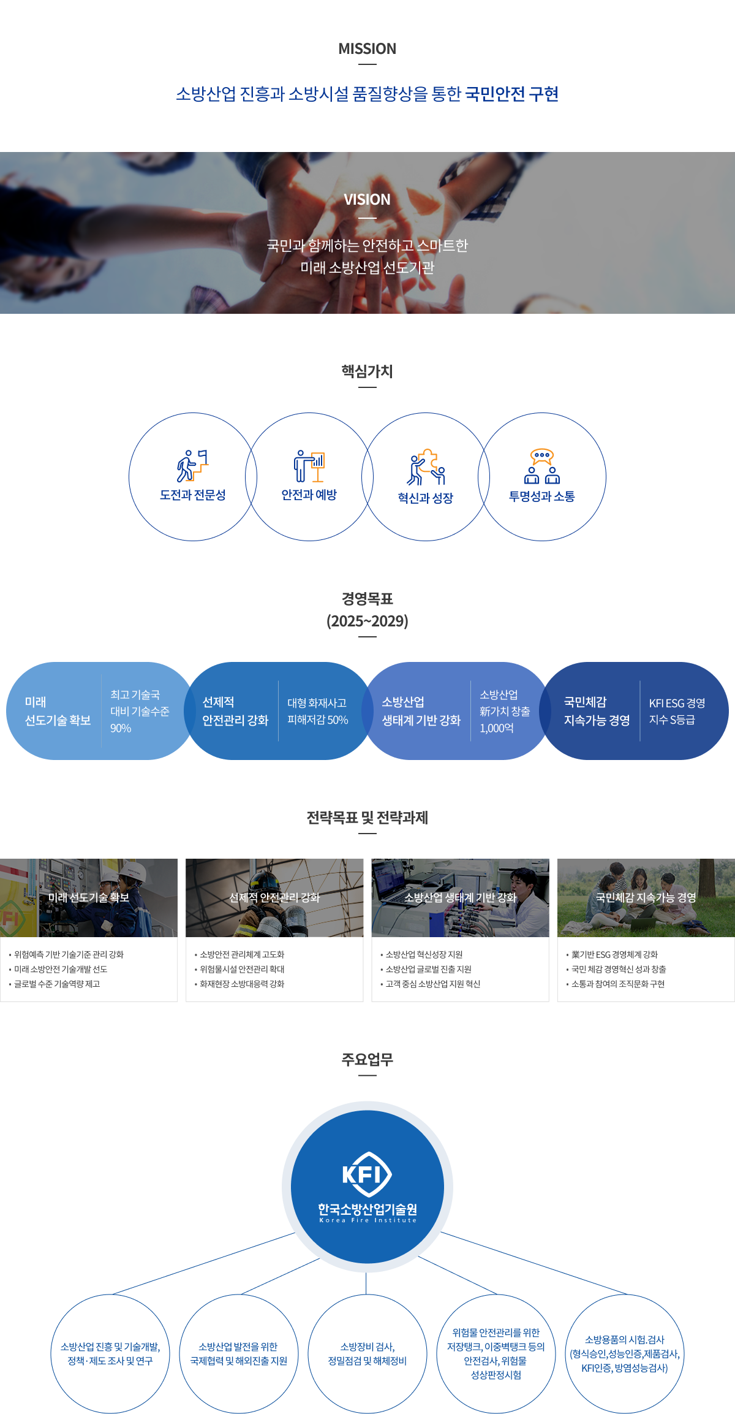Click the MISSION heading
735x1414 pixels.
point(367,49)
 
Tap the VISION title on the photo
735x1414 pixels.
point(367,200)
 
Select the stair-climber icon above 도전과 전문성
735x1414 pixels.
point(192,466)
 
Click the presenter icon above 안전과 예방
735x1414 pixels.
point(309,466)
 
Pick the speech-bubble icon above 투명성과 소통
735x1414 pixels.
point(542,466)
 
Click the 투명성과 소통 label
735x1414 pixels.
point(542,496)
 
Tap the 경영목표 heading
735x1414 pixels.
point(367,599)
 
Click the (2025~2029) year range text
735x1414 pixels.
point(367,621)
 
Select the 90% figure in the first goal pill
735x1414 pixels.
point(121,728)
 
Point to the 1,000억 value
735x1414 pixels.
point(497,728)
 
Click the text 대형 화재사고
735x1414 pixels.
point(317,703)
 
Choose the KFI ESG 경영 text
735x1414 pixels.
point(677,703)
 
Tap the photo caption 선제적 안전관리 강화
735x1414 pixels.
point(274,897)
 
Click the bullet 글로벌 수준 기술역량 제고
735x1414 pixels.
point(57,984)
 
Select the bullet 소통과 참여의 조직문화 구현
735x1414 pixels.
point(617,984)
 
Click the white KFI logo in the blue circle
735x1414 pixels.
point(367,1174)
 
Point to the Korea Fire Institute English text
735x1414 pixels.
point(367,1220)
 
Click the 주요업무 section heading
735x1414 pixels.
point(367,1060)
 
